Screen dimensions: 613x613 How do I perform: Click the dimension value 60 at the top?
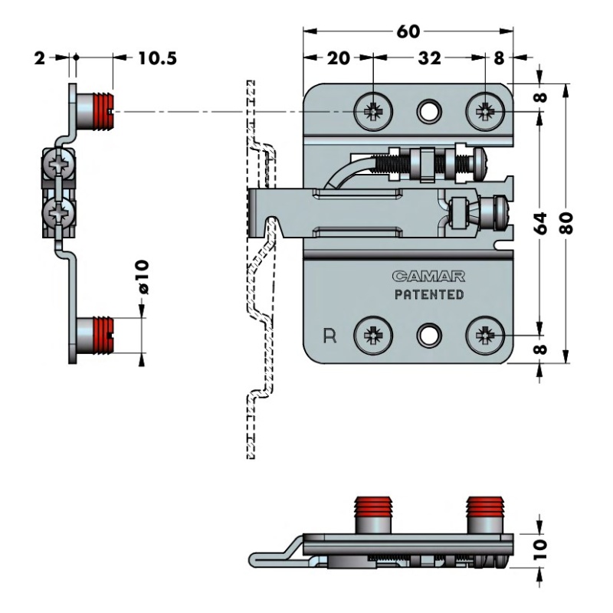408,31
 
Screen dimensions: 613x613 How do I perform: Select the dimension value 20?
337,58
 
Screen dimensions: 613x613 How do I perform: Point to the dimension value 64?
540,224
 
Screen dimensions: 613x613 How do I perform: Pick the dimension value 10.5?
157,57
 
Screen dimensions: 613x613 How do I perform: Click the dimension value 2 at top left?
40,57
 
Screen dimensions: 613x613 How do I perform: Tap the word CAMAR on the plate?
429,277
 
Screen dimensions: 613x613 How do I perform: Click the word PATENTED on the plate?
429,295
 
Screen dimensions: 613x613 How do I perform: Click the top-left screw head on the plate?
373,113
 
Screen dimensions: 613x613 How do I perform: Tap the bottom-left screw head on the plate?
373,336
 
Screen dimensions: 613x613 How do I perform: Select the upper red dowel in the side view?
98,112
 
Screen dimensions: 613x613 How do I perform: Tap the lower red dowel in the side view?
98,335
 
